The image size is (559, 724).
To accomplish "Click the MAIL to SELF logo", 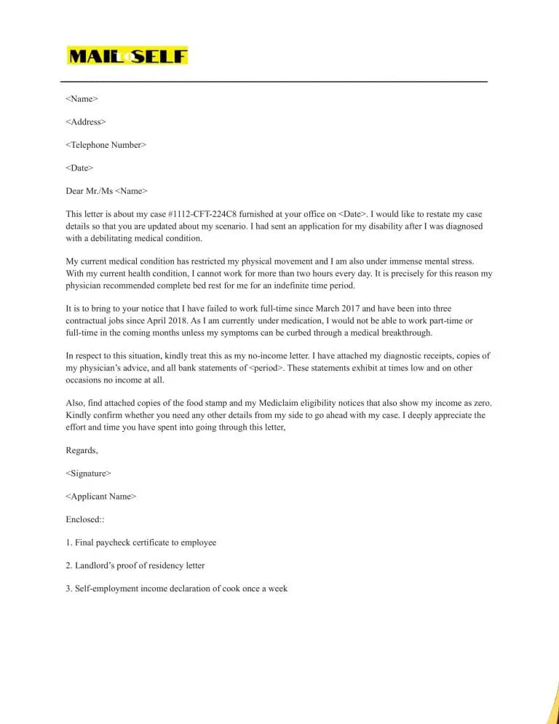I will click(x=127, y=56).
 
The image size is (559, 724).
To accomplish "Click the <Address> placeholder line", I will click(x=86, y=122).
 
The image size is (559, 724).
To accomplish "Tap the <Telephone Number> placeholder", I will click(x=106, y=145).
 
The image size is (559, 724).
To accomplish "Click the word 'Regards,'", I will click(x=82, y=451).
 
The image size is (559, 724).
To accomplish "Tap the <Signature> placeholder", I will click(x=89, y=473).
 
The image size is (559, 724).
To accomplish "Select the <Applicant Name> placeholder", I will click(x=100, y=497).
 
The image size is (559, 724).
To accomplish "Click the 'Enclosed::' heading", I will click(x=86, y=519).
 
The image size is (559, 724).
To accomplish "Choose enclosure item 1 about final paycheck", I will click(x=141, y=543).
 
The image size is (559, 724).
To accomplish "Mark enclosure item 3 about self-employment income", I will click(x=177, y=589).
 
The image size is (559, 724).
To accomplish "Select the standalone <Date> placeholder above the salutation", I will click(x=79, y=168).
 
